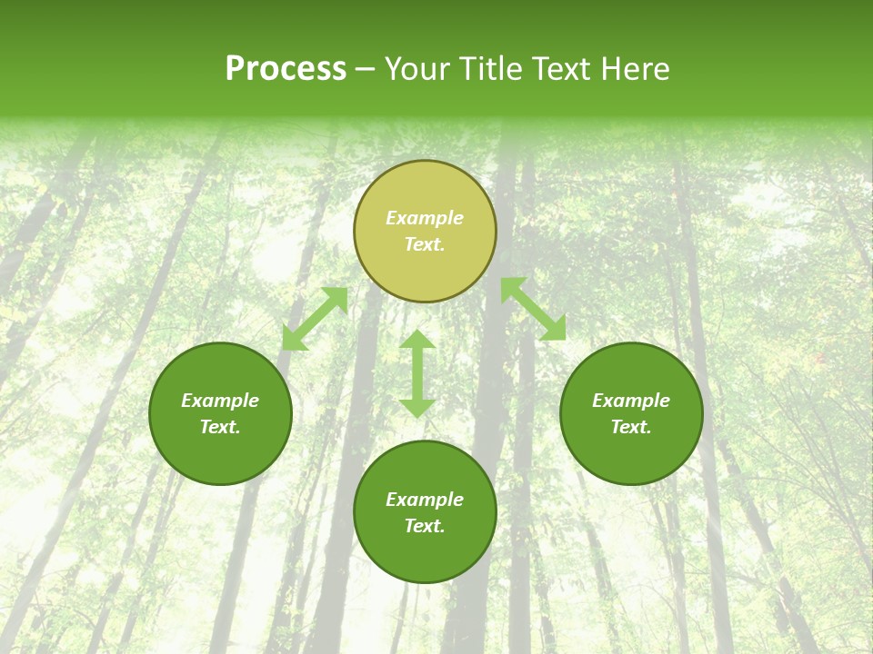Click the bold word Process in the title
point(286,69)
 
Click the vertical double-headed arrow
point(417,374)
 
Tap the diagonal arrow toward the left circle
point(315,319)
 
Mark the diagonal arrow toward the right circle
point(533,309)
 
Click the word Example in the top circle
point(425,218)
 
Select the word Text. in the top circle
point(425,244)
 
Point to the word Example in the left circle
point(220,401)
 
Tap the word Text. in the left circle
point(220,427)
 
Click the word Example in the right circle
point(631,401)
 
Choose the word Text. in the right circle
point(631,427)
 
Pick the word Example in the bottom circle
point(425,500)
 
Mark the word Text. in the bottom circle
point(425,526)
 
